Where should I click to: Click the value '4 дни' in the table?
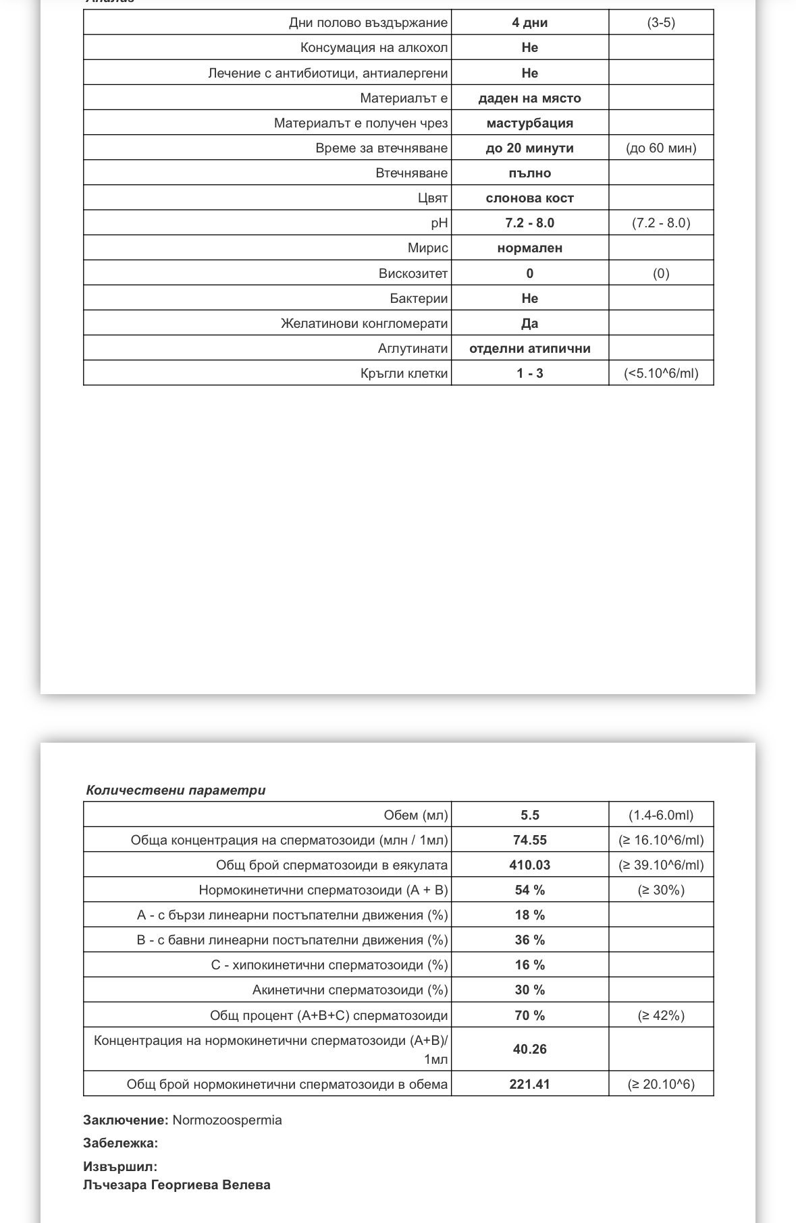point(529,22)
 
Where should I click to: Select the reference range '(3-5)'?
point(660,22)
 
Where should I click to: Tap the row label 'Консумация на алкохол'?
point(373,48)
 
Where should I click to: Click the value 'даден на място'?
point(529,98)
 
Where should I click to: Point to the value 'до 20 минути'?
point(529,148)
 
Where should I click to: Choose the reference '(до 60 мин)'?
point(660,148)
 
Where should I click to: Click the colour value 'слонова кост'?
point(529,198)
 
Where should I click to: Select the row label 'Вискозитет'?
point(413,273)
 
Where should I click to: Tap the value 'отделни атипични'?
point(529,349)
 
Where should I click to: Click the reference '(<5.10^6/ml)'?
point(660,373)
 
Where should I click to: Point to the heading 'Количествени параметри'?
point(176,790)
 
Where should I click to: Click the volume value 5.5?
point(529,815)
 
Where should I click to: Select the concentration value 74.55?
point(529,840)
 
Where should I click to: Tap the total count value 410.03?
point(529,865)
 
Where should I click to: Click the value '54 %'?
point(529,890)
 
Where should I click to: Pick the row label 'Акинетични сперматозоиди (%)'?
point(350,990)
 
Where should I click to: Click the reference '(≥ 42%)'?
point(660,1015)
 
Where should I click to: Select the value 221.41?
point(529,1084)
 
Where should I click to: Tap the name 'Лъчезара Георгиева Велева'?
point(176,1185)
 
